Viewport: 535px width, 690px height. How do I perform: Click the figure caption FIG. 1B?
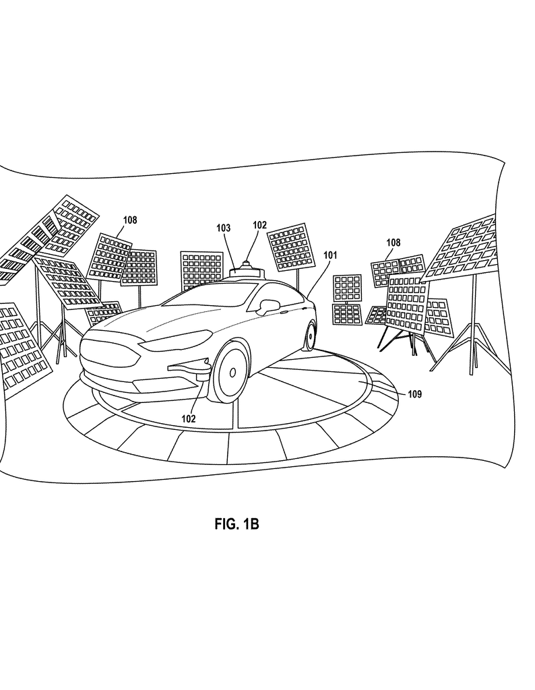(x=237, y=524)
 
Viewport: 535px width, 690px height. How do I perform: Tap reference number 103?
(x=224, y=228)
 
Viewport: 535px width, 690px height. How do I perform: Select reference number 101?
(x=330, y=255)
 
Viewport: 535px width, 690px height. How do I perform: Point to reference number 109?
(x=414, y=394)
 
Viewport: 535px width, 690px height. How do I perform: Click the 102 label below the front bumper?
(x=188, y=419)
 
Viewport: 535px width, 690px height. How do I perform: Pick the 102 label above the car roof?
(x=259, y=225)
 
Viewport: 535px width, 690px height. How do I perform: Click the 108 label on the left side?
(x=130, y=220)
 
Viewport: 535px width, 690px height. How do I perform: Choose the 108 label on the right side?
(x=394, y=243)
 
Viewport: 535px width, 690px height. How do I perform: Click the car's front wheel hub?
(x=232, y=373)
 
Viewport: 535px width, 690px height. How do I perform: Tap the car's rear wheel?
(x=311, y=336)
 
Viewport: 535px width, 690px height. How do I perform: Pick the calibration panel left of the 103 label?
(x=201, y=270)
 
